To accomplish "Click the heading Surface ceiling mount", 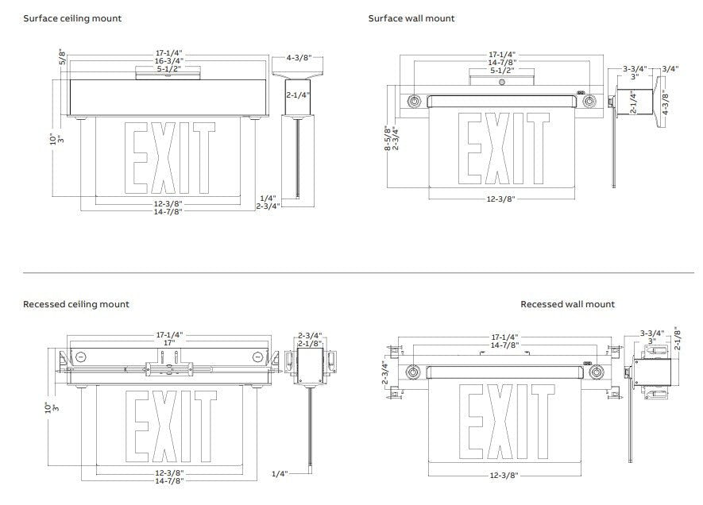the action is [72, 18].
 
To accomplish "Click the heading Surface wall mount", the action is [411, 18].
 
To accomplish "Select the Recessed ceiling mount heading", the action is [75, 304].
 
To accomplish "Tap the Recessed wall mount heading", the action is [567, 304].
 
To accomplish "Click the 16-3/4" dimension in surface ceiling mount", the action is [169, 61].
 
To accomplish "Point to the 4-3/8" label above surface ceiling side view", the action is [299, 58].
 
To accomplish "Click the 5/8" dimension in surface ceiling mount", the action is [62, 58].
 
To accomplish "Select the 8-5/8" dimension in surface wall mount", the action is [388, 137].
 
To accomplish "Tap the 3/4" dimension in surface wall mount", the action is [670, 69].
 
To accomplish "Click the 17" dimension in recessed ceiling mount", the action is [169, 343].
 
